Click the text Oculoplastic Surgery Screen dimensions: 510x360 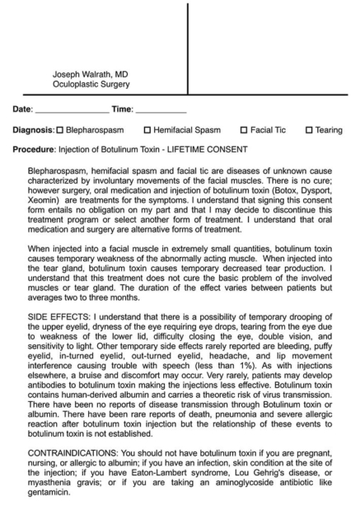pyautogui.click(x=91, y=84)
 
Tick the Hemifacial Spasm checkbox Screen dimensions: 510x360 pyautogui.click(x=148, y=129)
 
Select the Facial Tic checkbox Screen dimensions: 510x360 pyautogui.click(x=244, y=129)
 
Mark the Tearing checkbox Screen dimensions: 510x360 pyautogui.click(x=309, y=129)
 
